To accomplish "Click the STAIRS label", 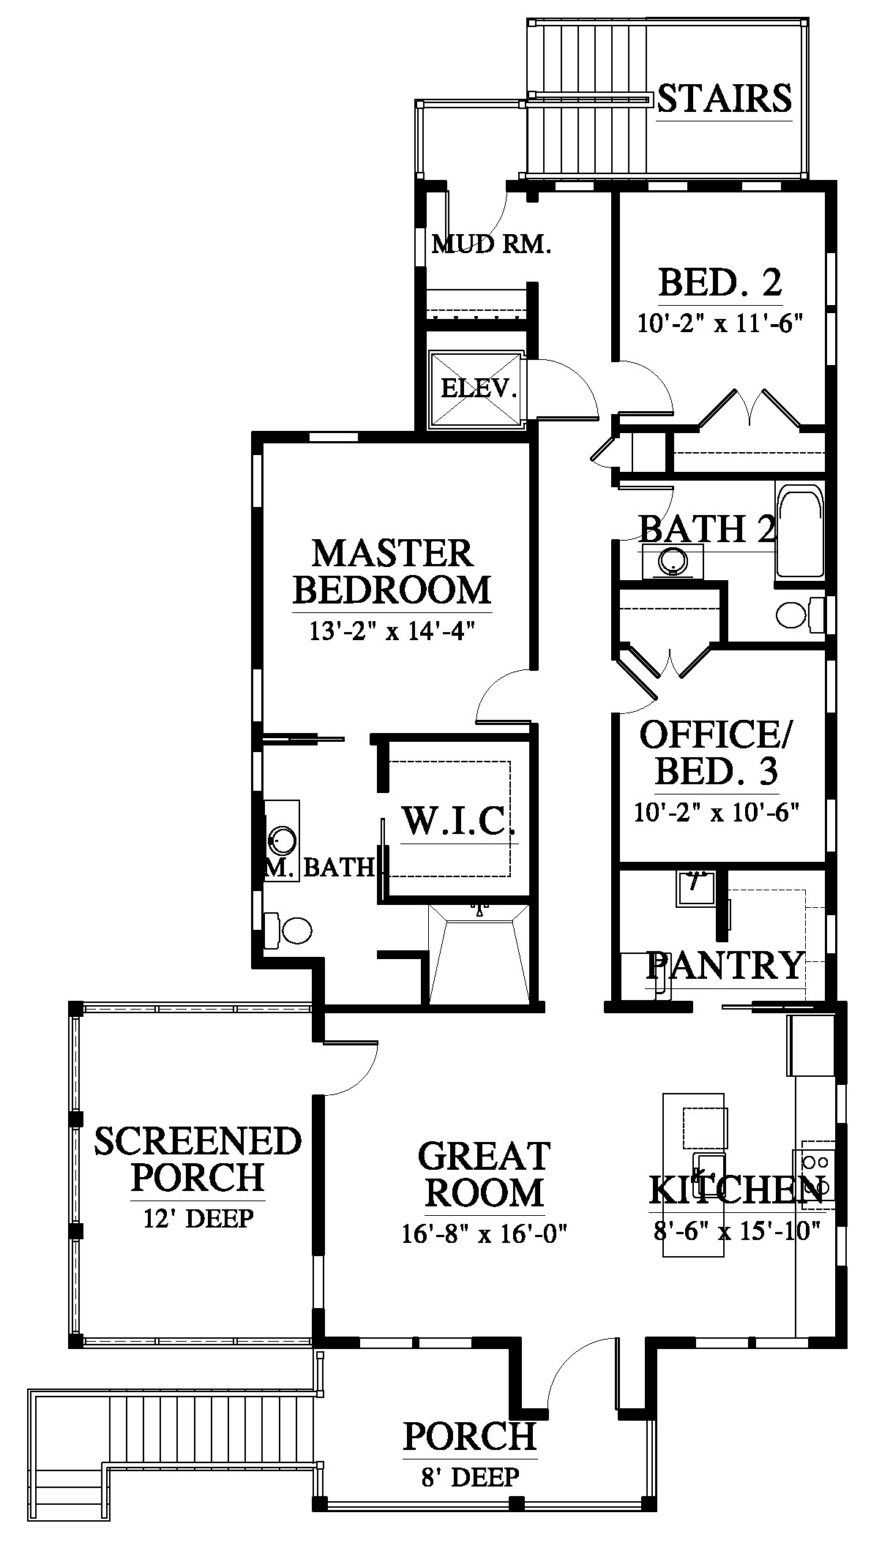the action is tap(724, 98).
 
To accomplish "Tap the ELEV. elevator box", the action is tap(476, 388).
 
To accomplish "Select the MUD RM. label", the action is tap(491, 244).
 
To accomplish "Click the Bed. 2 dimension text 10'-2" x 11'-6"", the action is tap(720, 323).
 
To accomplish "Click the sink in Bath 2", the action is tap(672, 562).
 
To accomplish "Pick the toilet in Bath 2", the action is tap(801, 615).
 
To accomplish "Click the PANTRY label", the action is tap(725, 966).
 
